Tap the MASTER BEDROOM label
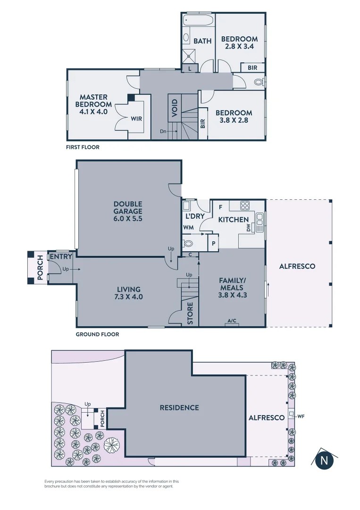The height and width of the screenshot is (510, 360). pos(94,104)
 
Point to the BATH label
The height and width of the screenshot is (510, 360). pos(202,41)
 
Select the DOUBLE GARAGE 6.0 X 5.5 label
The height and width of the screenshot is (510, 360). pos(127,212)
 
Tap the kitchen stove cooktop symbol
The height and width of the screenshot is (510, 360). pos(245,206)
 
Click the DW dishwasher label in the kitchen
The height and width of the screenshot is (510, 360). pos(248,228)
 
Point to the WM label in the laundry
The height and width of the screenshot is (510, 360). pos(188,227)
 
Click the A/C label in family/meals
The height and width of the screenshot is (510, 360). pos(232,321)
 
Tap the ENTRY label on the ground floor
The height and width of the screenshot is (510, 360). pos(61,257)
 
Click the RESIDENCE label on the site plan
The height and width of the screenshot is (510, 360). pos(179,408)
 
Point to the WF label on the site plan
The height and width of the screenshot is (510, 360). pos(301,416)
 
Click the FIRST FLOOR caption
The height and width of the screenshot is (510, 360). pos(83,147)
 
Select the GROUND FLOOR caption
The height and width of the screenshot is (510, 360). pos(97,334)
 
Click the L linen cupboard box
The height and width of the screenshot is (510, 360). pos(189,68)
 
